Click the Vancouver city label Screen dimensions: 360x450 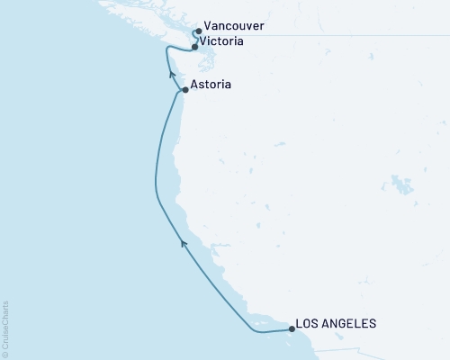tap(234, 28)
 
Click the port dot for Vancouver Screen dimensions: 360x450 tap(198, 31)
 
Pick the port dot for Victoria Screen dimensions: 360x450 tap(194, 47)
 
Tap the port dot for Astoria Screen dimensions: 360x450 tap(184, 90)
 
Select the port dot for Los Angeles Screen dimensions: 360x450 tap(292, 329)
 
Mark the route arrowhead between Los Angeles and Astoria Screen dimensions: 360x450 tap(184, 241)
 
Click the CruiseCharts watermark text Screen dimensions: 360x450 tap(5, 328)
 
